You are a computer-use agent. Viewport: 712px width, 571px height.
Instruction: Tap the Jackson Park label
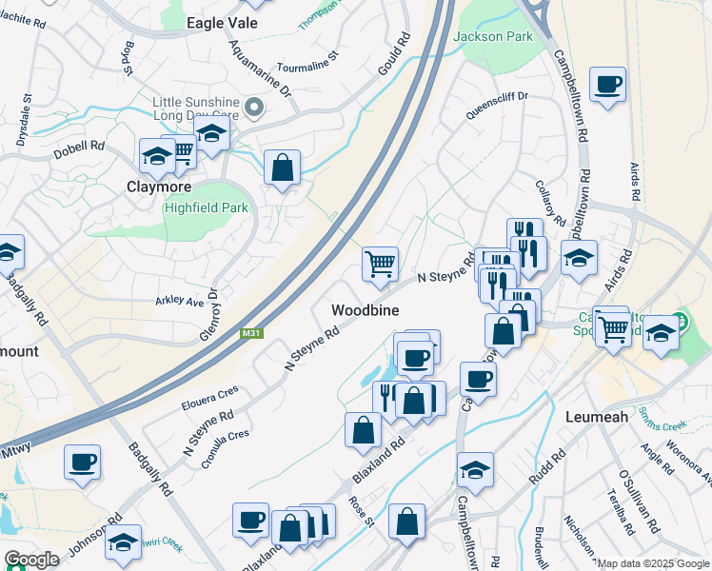pyautogui.click(x=493, y=36)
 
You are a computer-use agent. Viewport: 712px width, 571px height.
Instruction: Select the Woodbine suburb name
pyautogui.click(x=365, y=310)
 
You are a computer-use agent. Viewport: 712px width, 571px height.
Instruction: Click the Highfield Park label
pyautogui.click(x=206, y=207)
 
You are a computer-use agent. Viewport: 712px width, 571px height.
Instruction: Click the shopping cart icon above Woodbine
pyautogui.click(x=380, y=264)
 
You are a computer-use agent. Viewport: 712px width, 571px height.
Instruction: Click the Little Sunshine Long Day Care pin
pyautogui.click(x=254, y=108)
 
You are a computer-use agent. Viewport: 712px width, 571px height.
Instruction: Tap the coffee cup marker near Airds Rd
pyautogui.click(x=607, y=85)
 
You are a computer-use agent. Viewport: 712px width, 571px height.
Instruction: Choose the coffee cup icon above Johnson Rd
pyautogui.click(x=83, y=462)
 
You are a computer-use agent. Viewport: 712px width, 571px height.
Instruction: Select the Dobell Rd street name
pyautogui.click(x=79, y=148)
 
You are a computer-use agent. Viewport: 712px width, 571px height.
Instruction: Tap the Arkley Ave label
pyautogui.click(x=180, y=302)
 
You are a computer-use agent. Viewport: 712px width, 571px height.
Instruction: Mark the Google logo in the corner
pyautogui.click(x=32, y=560)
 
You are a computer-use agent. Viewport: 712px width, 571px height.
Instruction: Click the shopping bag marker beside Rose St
pyautogui.click(x=363, y=430)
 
